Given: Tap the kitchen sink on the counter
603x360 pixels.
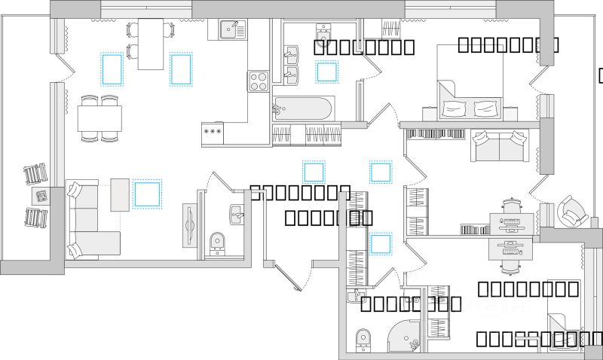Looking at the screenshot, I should pyautogui.click(x=232, y=29).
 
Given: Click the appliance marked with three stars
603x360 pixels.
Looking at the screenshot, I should pyautogui.click(x=213, y=131).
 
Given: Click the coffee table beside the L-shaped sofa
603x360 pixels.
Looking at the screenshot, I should pyautogui.click(x=119, y=195).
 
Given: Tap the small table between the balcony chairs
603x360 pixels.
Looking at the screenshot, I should pyautogui.click(x=41, y=197).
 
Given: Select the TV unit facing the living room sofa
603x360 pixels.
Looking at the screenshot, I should pyautogui.click(x=189, y=224).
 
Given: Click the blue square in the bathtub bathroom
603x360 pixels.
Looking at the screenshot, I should pyautogui.click(x=326, y=72).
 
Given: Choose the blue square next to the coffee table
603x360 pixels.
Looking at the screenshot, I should pyautogui.click(x=148, y=194).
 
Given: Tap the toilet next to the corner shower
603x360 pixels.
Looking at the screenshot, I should pyautogui.click(x=363, y=338).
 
